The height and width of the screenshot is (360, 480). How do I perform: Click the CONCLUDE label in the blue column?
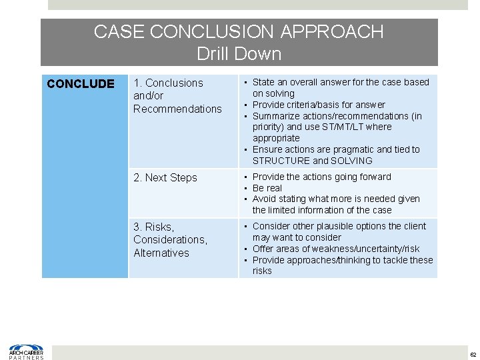pyautogui.click(x=80, y=84)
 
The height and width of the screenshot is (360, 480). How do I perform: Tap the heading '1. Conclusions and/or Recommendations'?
pyautogui.click(x=177, y=95)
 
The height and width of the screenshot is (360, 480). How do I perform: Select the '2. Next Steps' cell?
pyautogui.click(x=165, y=177)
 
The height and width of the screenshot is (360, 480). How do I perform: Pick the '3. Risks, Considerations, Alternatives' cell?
pyautogui.click(x=170, y=239)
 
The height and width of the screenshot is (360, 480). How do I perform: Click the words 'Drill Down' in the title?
pyautogui.click(x=239, y=53)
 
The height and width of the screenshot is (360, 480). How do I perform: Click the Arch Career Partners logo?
pyautogui.click(x=26, y=352)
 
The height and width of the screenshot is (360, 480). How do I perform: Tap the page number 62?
pyautogui.click(x=473, y=353)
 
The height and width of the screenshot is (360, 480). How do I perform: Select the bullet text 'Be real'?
pyautogui.click(x=267, y=188)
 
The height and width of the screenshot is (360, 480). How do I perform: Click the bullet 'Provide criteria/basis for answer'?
pyautogui.click(x=319, y=105)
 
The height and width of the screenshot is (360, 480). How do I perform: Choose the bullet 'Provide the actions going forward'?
pyautogui.click(x=322, y=177)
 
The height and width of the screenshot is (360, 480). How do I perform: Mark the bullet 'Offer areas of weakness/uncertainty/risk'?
pyautogui.click(x=336, y=249)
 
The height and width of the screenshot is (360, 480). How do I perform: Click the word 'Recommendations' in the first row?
pyautogui.click(x=177, y=109)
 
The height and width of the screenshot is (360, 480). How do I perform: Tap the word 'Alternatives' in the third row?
pyautogui.click(x=161, y=253)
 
